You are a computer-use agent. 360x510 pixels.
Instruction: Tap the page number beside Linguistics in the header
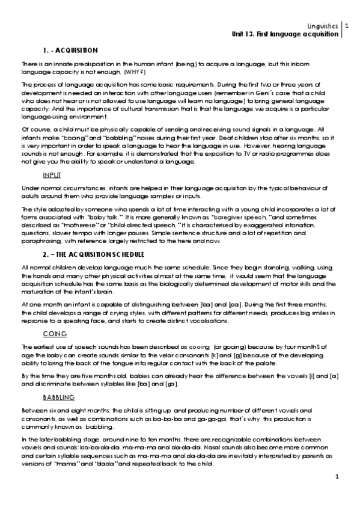tap(346, 26)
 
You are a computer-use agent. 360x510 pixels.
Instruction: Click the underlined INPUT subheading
tap(52, 174)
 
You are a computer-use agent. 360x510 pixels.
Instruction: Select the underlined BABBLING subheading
tap(58, 398)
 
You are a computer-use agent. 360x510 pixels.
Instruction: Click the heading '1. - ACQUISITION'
tap(70, 49)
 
